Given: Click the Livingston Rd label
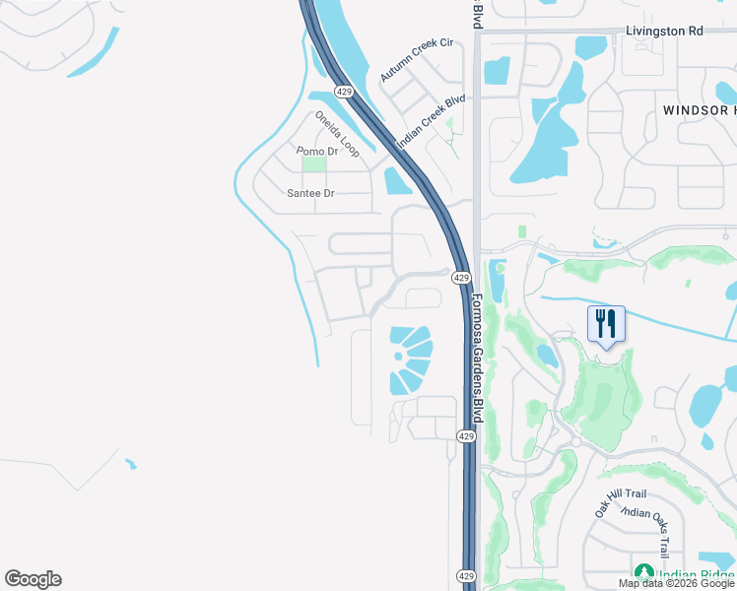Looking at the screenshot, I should click(x=665, y=32).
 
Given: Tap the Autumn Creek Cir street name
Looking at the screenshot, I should click(x=416, y=60).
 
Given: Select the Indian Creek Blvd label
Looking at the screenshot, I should click(x=431, y=121).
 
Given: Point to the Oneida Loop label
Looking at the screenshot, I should click(x=338, y=134).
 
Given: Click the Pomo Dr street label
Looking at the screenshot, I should click(x=317, y=151).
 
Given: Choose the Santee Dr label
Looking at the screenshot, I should click(x=310, y=193).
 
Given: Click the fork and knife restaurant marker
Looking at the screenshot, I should click(x=606, y=324).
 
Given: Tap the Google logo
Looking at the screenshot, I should click(x=33, y=579).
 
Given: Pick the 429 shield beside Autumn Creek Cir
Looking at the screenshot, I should click(x=343, y=91).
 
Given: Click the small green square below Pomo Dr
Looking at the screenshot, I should click(x=313, y=165).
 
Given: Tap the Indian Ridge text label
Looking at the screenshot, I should click(x=696, y=575).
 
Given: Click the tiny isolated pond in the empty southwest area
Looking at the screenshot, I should click(x=130, y=463).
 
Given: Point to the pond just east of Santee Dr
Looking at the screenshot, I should click(x=397, y=181).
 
